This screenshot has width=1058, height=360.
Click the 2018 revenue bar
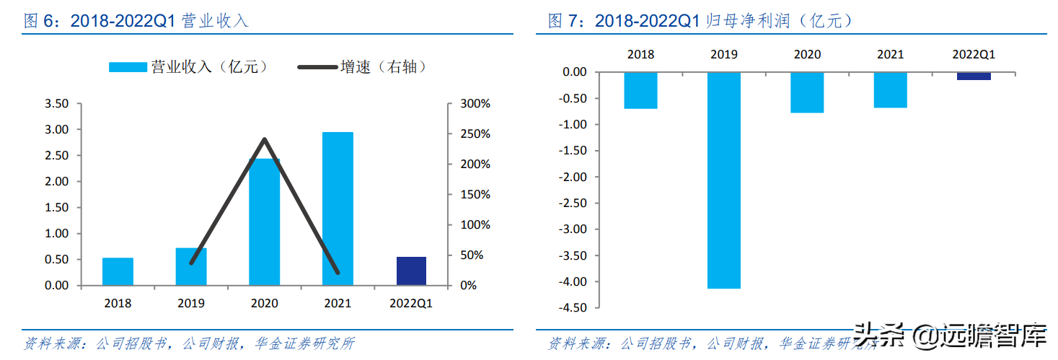118,271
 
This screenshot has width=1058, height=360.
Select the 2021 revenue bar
338,208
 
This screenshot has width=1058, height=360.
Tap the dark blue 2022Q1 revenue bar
411,271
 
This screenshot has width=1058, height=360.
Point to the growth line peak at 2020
265,139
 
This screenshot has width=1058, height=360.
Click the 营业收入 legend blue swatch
128,67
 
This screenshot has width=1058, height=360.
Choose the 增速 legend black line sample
318,67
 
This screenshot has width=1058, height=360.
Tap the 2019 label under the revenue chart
191,304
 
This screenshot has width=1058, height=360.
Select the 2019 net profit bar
723,180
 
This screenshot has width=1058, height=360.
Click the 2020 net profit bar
807,92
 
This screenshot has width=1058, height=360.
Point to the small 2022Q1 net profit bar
974,76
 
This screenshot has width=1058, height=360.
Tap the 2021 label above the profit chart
890,54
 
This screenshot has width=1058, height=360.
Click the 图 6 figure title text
136,21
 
